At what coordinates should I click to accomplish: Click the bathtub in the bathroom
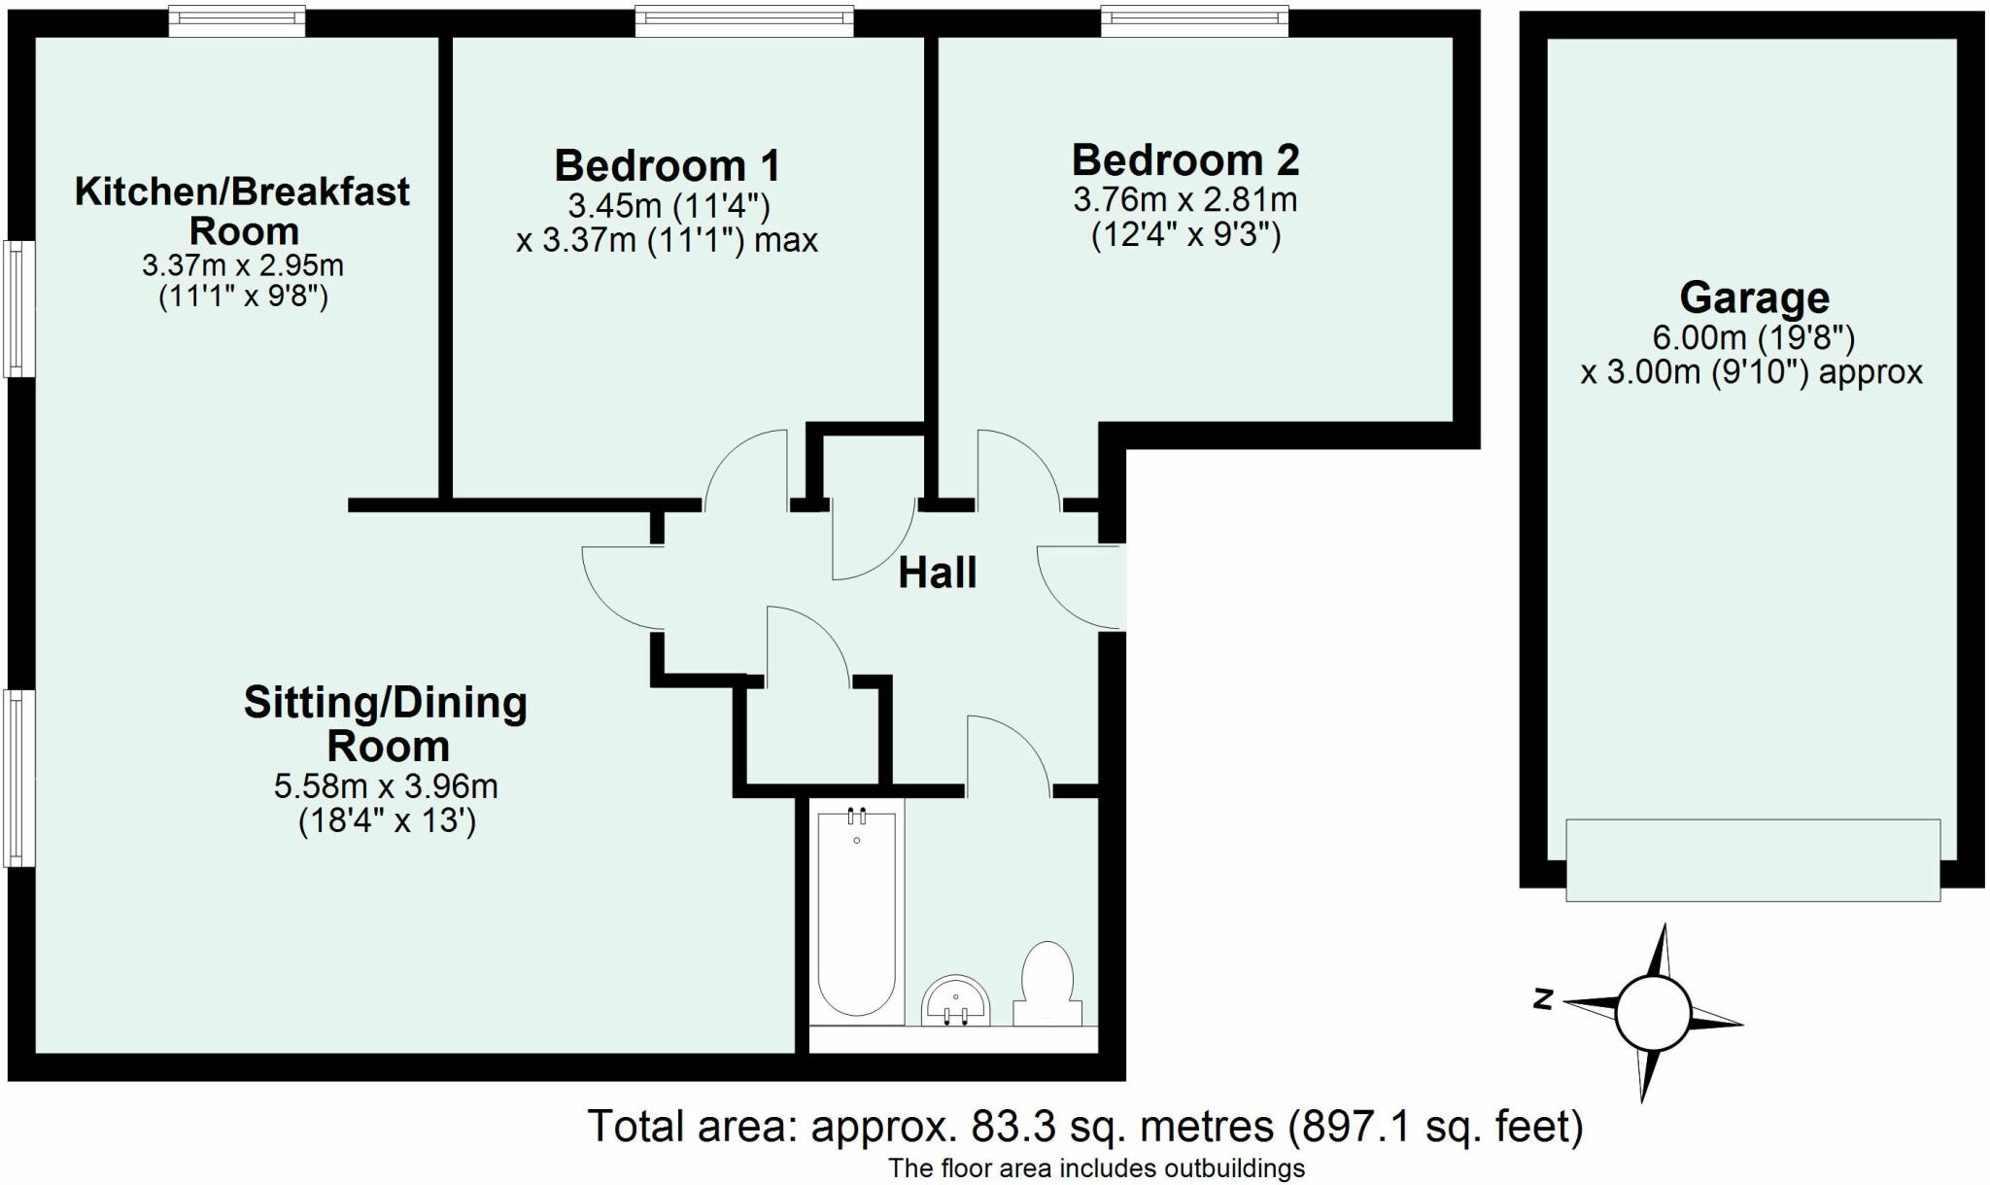click(856, 913)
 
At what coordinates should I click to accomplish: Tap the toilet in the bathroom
click(1047, 982)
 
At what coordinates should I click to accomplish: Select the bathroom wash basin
click(956, 1000)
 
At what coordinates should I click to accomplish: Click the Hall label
click(937, 573)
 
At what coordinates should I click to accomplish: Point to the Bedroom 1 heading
click(667, 165)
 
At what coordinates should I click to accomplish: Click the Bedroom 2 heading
click(1185, 159)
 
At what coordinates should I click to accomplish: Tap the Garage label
click(1754, 297)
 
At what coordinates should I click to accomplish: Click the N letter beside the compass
click(1541, 998)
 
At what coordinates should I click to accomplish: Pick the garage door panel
click(1753, 860)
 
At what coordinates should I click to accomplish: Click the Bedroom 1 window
click(744, 21)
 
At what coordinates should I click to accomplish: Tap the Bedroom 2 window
click(1194, 21)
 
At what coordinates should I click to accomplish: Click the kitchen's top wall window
click(237, 21)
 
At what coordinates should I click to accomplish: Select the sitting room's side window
click(19, 778)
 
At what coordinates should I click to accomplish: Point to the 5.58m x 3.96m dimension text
click(386, 785)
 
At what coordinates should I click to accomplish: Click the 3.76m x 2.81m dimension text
click(1185, 200)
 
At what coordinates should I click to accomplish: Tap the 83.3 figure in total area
click(1000, 1127)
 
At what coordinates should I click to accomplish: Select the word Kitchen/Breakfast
click(242, 192)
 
